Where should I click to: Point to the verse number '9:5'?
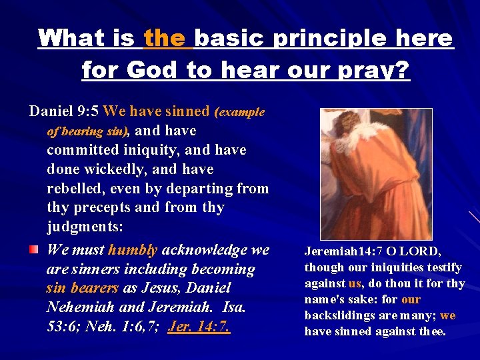pos(87,111)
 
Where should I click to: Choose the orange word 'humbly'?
pos(133,250)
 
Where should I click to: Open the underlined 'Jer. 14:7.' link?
pos(199,327)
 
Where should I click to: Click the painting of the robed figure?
pos(375,174)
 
